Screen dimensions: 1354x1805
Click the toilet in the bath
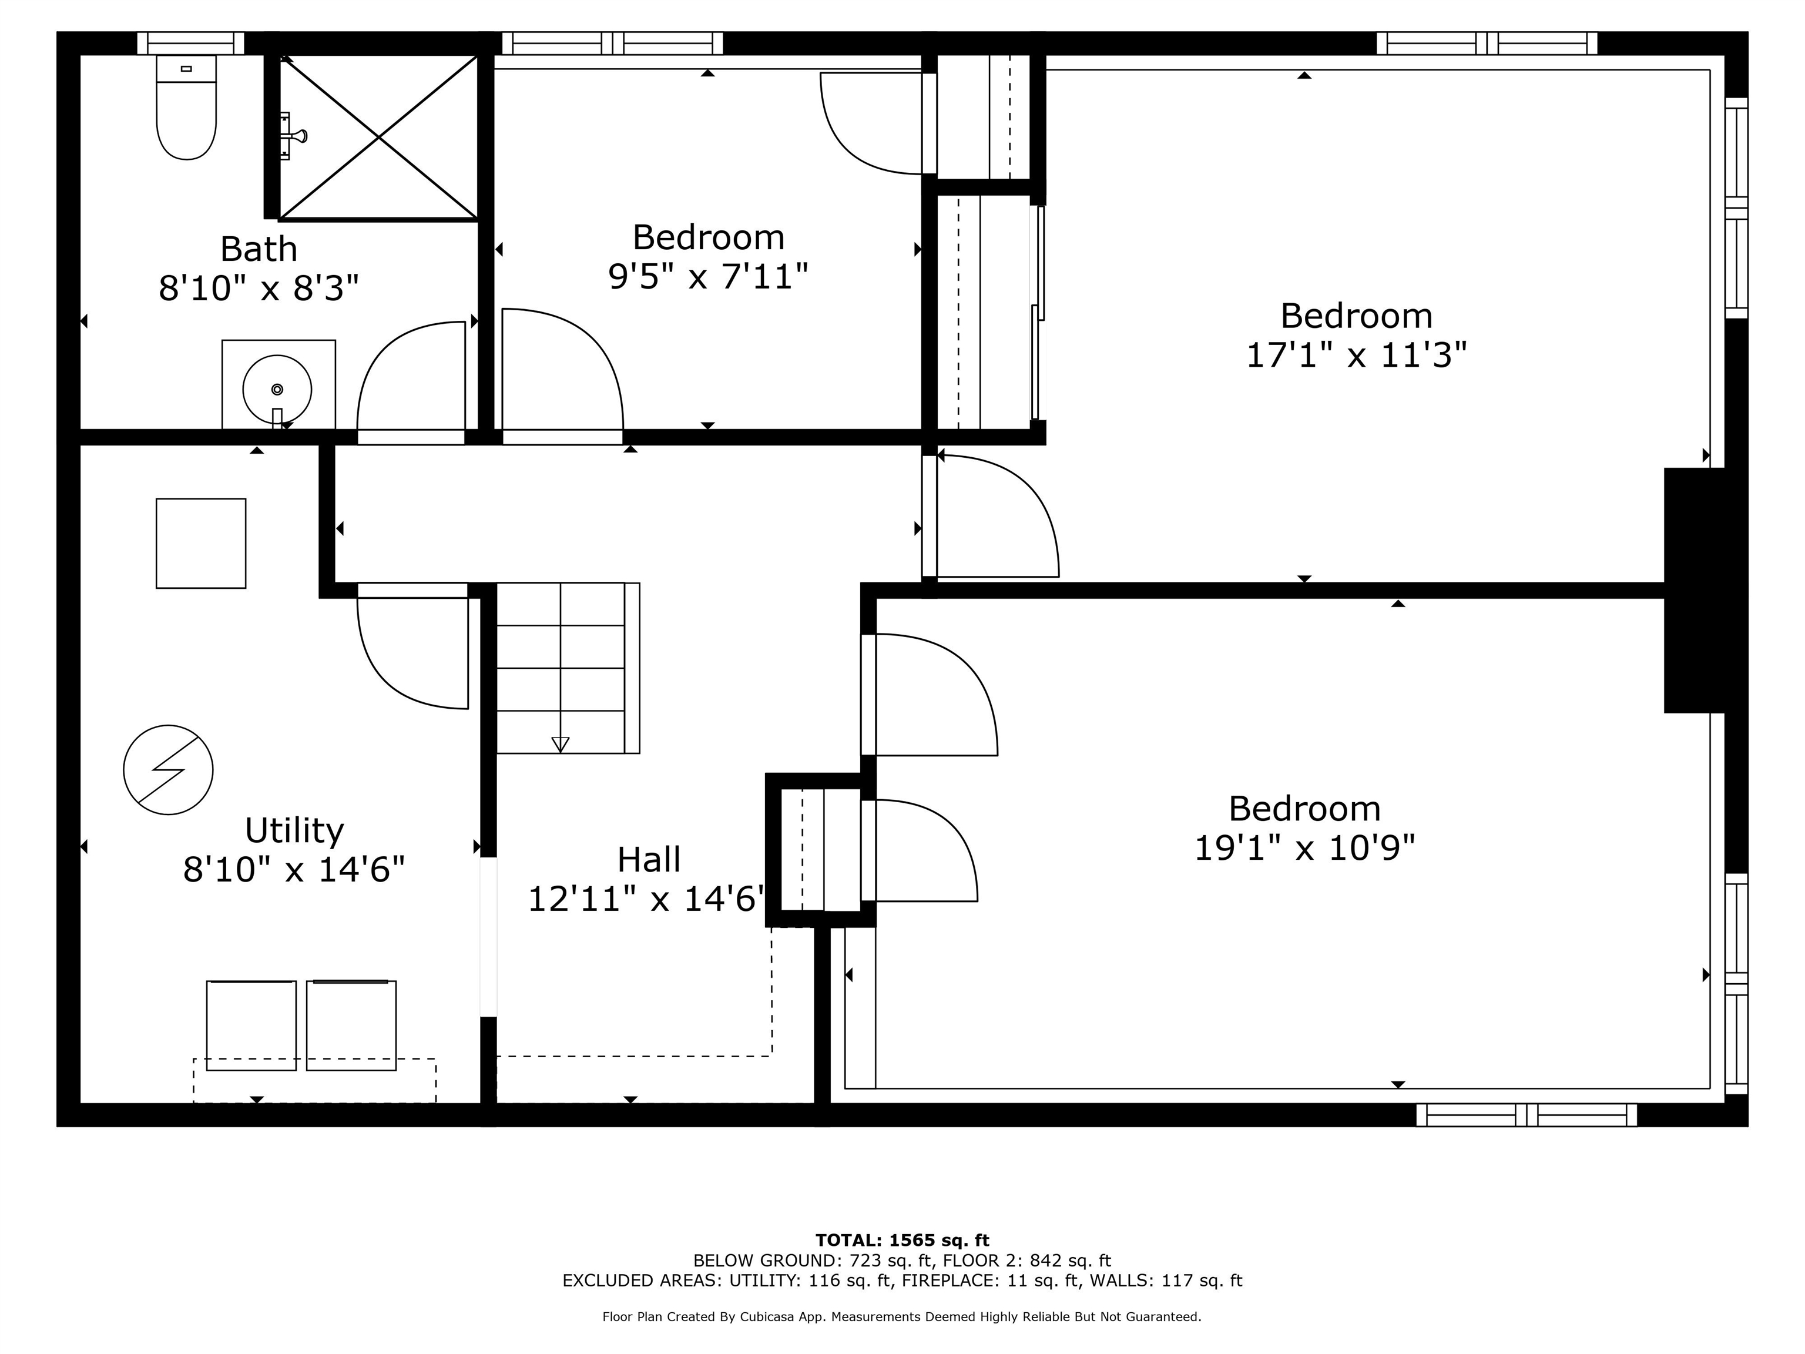tap(186, 110)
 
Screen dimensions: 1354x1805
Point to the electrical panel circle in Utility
tap(168, 770)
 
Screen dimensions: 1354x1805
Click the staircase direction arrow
tap(560, 743)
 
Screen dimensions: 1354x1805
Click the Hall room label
tap(649, 859)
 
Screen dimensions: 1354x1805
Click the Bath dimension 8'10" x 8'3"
tap(259, 288)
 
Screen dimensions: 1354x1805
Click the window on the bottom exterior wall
tap(1526, 1115)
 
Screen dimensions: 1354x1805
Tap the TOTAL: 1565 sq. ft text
tap(902, 1241)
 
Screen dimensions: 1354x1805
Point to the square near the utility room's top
tap(201, 543)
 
